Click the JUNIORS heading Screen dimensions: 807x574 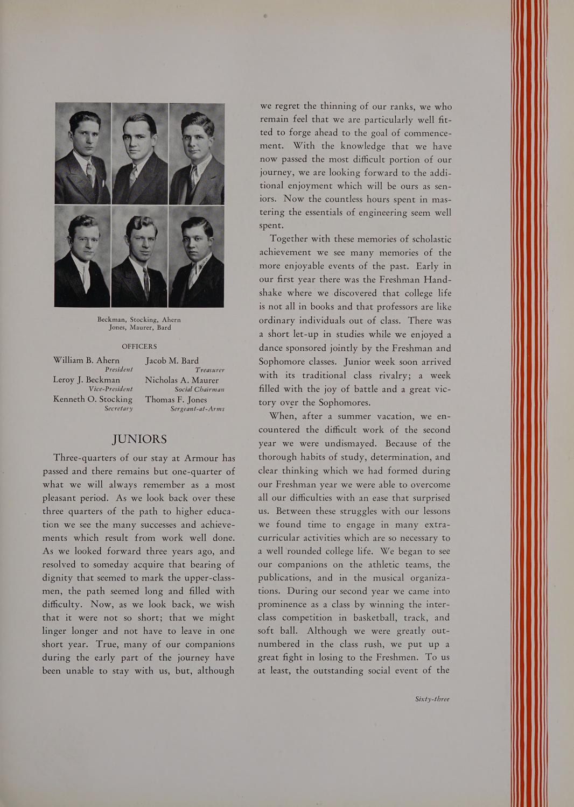139,439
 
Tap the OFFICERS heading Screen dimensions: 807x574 139,346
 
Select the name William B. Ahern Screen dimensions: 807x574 86,360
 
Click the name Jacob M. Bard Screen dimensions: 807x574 172,360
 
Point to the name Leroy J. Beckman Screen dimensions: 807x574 86,380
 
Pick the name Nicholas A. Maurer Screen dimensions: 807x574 181,380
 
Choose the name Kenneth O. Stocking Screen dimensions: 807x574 93,399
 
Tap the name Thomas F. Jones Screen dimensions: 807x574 176,399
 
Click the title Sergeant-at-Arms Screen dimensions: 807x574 197,409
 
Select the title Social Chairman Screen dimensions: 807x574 199,389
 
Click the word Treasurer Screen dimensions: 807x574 209,370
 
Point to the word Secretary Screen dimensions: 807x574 118,409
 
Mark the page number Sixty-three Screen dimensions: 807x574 432,699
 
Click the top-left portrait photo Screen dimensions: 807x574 83,154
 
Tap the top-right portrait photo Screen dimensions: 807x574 197,154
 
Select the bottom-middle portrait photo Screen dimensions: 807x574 139,256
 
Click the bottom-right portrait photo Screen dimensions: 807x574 197,256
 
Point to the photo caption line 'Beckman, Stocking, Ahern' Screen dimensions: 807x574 139,320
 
